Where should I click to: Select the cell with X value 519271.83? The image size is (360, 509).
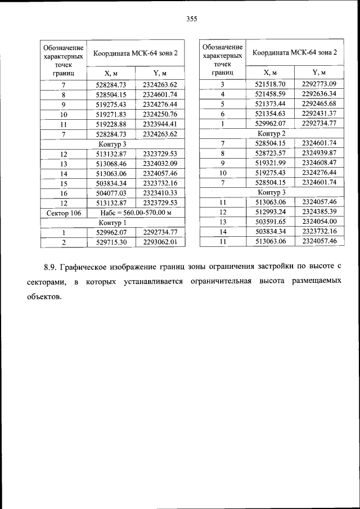(111, 114)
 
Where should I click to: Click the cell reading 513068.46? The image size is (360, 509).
(111, 164)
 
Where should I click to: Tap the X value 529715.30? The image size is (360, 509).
(111, 242)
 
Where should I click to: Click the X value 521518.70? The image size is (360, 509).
(270, 84)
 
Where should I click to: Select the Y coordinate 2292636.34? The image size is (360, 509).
(318, 94)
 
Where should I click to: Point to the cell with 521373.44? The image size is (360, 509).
(270, 103)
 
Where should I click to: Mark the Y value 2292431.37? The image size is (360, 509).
(318, 114)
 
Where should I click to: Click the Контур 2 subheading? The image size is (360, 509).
(272, 133)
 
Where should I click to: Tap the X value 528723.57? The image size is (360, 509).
(270, 153)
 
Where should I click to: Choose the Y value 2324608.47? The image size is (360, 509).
(318, 163)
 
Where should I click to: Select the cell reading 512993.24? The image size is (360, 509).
(270, 211)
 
